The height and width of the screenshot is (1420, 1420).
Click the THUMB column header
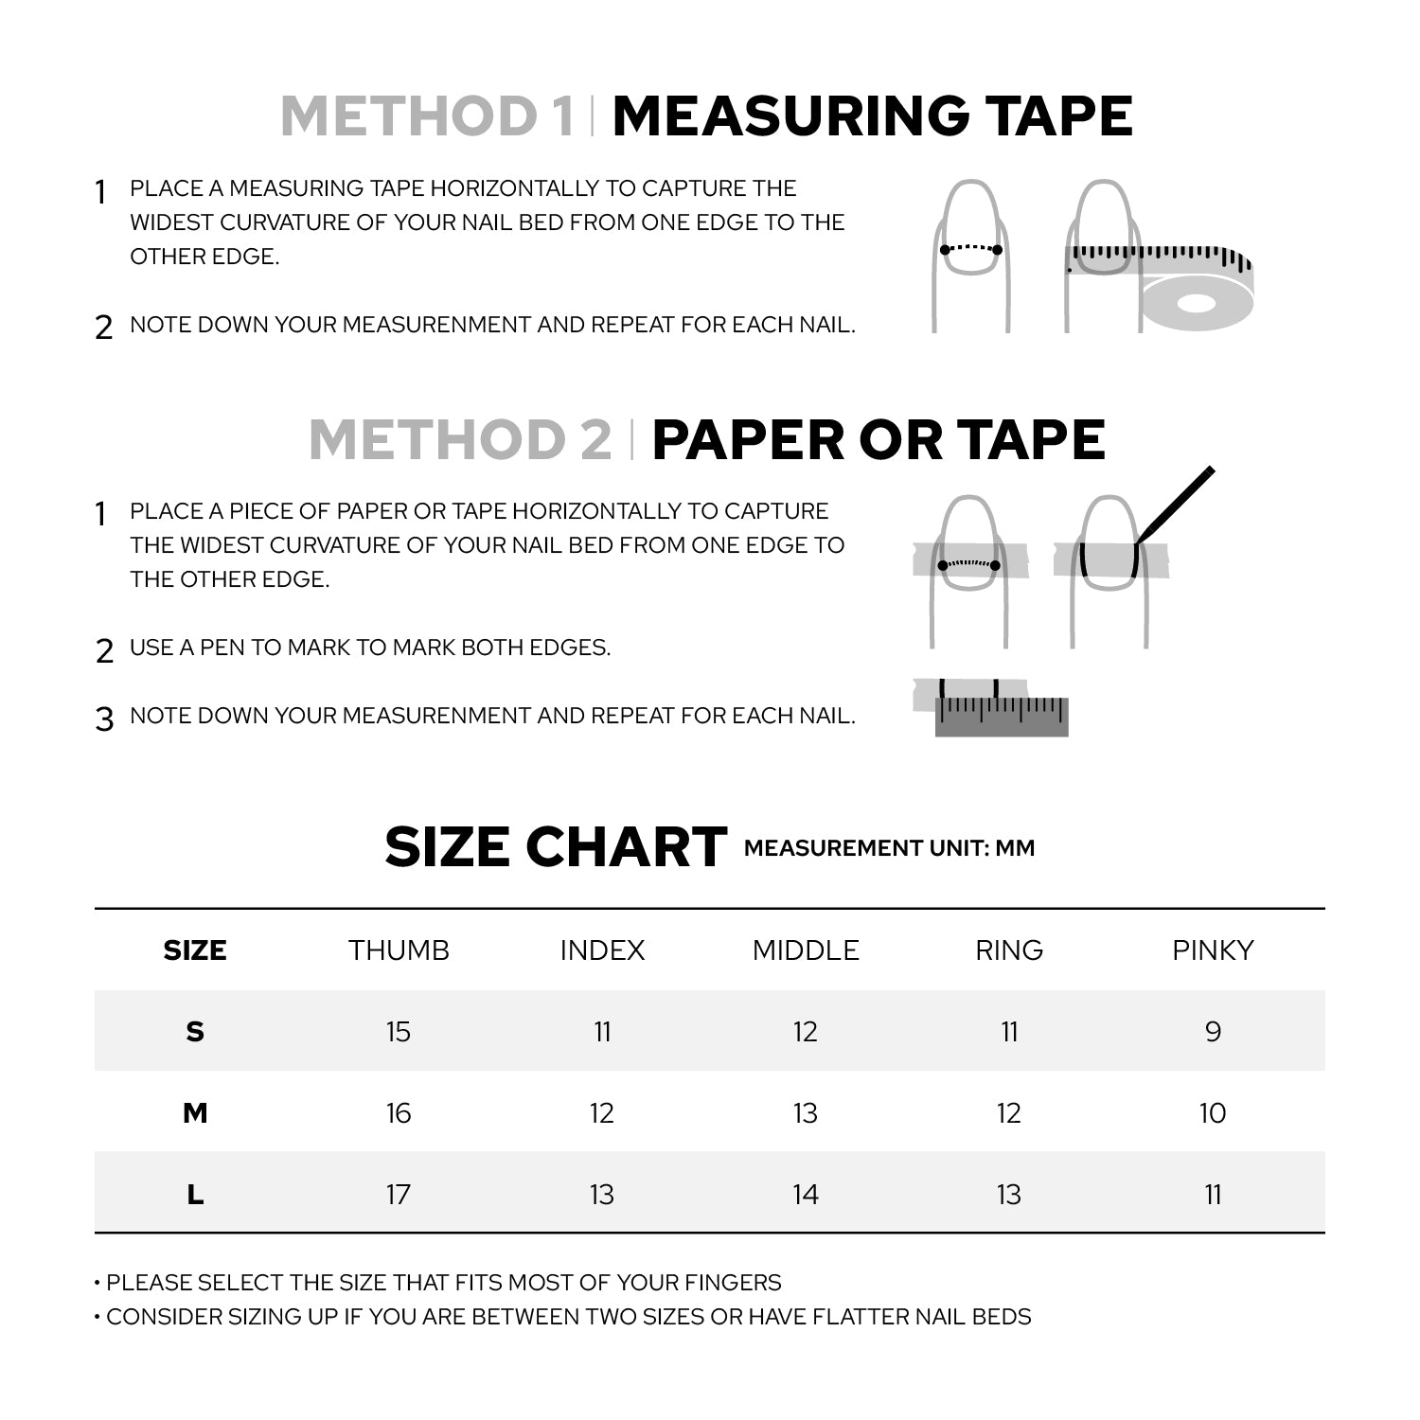[x=399, y=950]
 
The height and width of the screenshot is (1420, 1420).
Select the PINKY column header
[x=1213, y=950]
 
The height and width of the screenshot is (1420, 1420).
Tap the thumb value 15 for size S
[x=399, y=1032]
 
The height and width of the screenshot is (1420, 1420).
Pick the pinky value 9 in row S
[x=1213, y=1032]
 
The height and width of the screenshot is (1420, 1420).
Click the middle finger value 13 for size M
[x=806, y=1113]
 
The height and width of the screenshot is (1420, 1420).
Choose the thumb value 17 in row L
[x=399, y=1195]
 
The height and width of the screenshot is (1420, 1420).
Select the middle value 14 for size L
[x=806, y=1195]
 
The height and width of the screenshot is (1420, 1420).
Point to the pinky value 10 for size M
[x=1213, y=1113]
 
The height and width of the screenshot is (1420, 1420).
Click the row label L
[x=195, y=1195]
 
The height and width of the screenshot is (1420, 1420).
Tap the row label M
[x=195, y=1113]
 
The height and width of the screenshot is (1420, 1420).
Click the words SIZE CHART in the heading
[x=556, y=847]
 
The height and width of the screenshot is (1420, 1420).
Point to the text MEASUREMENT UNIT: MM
[x=889, y=848]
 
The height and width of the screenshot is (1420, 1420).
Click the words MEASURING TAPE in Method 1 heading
[x=872, y=116]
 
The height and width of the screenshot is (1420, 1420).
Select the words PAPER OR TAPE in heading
[x=879, y=440]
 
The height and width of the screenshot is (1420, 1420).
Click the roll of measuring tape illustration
[x=1196, y=299]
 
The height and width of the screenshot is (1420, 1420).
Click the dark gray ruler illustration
[x=1002, y=718]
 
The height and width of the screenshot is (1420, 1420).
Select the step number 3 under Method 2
[x=104, y=719]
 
